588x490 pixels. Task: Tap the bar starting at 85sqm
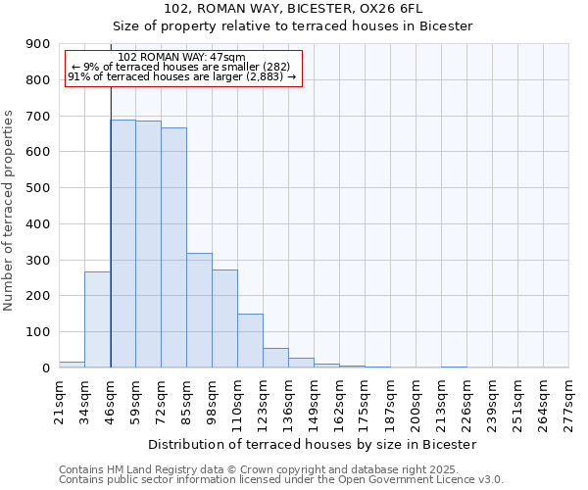[199, 310]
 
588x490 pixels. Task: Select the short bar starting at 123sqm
[275, 358]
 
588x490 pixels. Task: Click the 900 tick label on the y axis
[38, 44]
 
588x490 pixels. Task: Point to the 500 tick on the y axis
[38, 188]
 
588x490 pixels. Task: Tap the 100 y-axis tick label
[38, 332]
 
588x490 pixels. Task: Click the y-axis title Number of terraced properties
[10, 211]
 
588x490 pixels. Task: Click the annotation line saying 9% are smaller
[180, 67]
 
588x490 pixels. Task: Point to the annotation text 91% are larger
[181, 76]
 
